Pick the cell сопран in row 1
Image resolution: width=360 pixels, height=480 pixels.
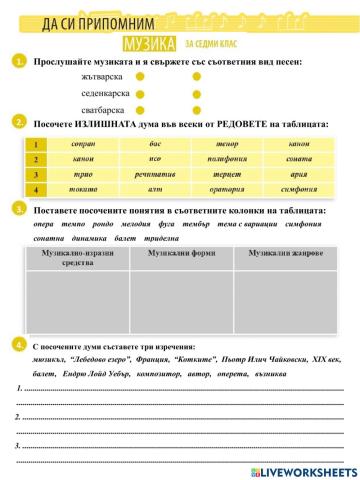[x=84, y=145]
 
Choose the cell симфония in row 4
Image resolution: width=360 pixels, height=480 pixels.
[x=299, y=187]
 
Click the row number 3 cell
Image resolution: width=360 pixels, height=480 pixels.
[x=35, y=174]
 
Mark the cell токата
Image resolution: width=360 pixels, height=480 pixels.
[x=84, y=187]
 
